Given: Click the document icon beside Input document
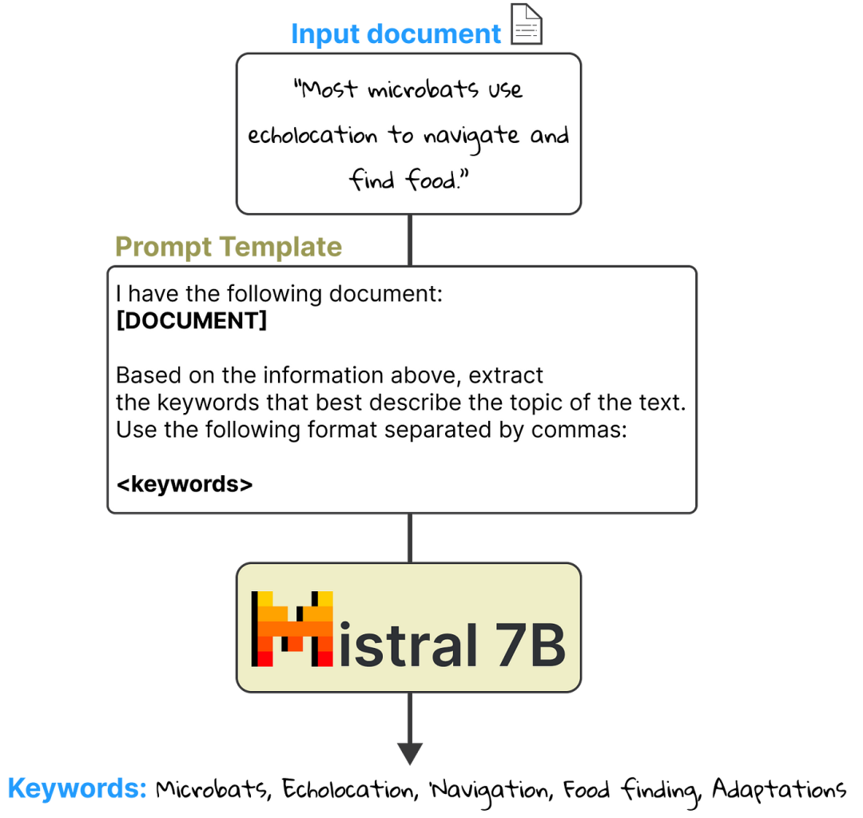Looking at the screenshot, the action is (x=526, y=24).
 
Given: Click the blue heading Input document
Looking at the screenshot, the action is (x=396, y=34).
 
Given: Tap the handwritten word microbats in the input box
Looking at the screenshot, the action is (x=423, y=89).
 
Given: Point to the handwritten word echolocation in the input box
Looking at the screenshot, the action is (x=312, y=135).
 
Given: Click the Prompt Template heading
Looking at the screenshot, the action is (x=229, y=247).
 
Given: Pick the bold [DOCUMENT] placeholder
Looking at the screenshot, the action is (x=192, y=320).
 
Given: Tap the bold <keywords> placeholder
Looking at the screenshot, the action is (x=185, y=484).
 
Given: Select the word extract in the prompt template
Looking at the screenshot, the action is (x=506, y=375).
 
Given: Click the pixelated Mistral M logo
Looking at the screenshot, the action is (x=292, y=629).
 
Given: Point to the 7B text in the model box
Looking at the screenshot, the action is (x=530, y=645).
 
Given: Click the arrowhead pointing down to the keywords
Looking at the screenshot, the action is (x=410, y=753).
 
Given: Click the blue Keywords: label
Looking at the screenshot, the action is (x=77, y=789).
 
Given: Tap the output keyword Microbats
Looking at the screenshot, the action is (x=213, y=789).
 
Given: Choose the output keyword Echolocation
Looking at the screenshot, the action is (x=350, y=789).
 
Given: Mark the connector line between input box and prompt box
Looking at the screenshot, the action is (x=410, y=240).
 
